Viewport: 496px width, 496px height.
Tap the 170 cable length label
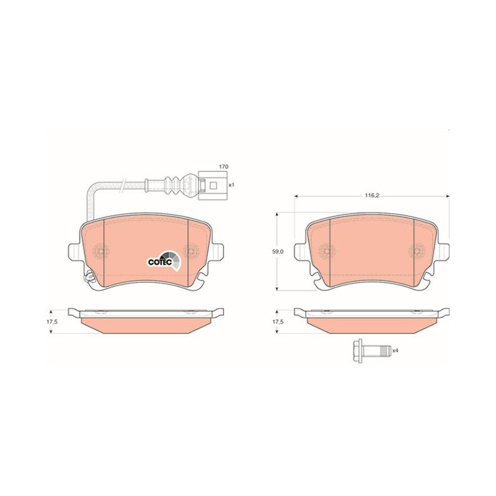point(224,166)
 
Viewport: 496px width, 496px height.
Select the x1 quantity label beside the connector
point(231,185)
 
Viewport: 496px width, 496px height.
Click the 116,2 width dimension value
point(372,196)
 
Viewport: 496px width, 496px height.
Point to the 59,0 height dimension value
point(278,252)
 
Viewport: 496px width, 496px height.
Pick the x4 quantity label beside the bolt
point(395,350)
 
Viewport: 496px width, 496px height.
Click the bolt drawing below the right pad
point(371,350)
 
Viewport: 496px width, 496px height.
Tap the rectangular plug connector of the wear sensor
point(213,185)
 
